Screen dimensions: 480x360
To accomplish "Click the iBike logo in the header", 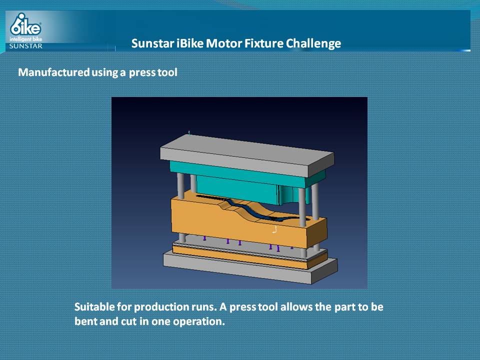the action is click(x=25, y=24).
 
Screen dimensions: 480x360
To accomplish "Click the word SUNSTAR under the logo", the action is click(x=25, y=46).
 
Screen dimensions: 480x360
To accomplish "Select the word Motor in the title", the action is click(x=219, y=43).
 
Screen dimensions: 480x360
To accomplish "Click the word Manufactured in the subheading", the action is click(x=54, y=72).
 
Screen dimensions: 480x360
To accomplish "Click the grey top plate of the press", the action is click(x=246, y=155).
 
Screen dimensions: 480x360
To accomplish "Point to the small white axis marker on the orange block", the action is click(x=275, y=229).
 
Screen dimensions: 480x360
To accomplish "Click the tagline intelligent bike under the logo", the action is click(x=25, y=39).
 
